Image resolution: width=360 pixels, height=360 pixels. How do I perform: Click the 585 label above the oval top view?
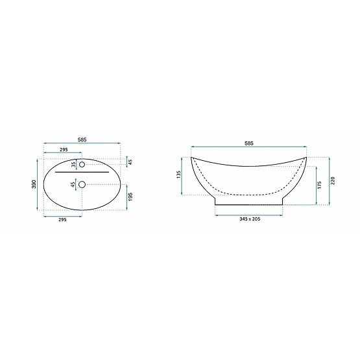point(82,139)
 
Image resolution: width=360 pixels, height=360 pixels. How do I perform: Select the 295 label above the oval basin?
point(64,149)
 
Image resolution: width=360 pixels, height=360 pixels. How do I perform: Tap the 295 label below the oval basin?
point(62,219)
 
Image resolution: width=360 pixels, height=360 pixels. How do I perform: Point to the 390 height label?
point(34,184)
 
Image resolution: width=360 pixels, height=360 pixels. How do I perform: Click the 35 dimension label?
point(73,165)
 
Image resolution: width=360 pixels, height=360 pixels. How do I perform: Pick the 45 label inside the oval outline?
point(73,185)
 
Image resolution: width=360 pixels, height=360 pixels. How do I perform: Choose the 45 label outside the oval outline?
point(130,162)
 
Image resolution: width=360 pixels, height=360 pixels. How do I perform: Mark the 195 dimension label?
point(130,197)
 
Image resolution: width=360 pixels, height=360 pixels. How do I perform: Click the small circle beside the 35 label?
point(82,165)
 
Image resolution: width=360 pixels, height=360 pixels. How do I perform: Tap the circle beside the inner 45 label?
point(82,185)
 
